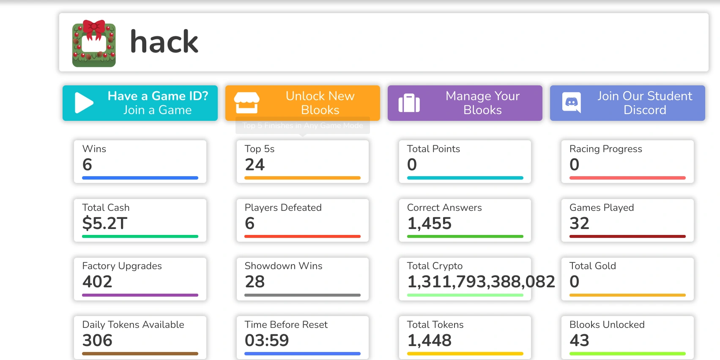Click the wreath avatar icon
pyautogui.click(x=94, y=43)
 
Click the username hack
pyautogui.click(x=164, y=42)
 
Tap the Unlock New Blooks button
pyautogui.click(x=303, y=103)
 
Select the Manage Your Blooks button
pyautogui.click(x=465, y=103)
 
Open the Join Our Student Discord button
pyautogui.click(x=627, y=103)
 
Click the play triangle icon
pyautogui.click(x=84, y=103)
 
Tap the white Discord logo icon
pyautogui.click(x=572, y=102)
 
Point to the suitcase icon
pyautogui.click(x=409, y=103)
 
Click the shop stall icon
pyautogui.click(x=246, y=103)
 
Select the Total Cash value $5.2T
pyautogui.click(x=105, y=223)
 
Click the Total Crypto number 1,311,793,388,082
pyautogui.click(x=481, y=281)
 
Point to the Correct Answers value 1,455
pyautogui.click(x=429, y=223)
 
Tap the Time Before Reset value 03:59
pyautogui.click(x=267, y=340)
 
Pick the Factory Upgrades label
pyautogui.click(x=122, y=266)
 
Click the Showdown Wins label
pyautogui.click(x=283, y=266)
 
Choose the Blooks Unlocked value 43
pyautogui.click(x=579, y=340)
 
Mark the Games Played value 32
pyautogui.click(x=579, y=223)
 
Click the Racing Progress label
pyautogui.click(x=605, y=149)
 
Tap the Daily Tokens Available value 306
pyautogui.click(x=97, y=340)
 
